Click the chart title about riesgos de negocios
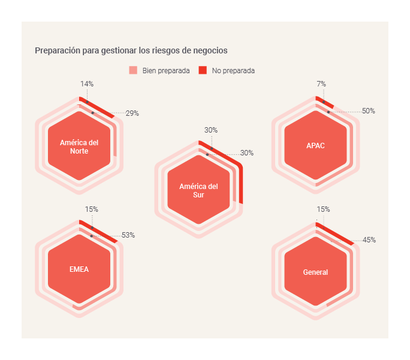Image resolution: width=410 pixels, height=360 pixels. (x=131, y=50)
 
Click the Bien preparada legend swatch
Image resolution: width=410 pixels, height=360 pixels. (x=133, y=70)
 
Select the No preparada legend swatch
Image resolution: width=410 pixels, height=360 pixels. (x=203, y=70)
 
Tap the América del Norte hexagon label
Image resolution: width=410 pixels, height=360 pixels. (x=79, y=146)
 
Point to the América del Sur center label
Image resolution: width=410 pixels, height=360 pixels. (x=198, y=190)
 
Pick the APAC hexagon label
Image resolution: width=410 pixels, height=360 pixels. (x=315, y=146)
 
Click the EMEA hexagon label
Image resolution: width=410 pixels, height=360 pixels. (x=79, y=269)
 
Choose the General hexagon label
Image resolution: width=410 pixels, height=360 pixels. (x=315, y=272)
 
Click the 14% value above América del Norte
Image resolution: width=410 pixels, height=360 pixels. (x=87, y=84)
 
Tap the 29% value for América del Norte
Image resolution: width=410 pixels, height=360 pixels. (x=132, y=113)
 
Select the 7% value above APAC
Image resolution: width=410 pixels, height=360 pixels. (x=321, y=84)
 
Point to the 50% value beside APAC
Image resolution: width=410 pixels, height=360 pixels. (x=369, y=111)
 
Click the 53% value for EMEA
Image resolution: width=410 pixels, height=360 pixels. (x=128, y=235)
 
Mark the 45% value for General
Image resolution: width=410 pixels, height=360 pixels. (x=369, y=240)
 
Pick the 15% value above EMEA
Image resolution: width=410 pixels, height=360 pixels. (x=92, y=209)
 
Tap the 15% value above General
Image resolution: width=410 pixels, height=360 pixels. (x=323, y=209)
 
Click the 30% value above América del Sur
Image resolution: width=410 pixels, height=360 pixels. (x=211, y=130)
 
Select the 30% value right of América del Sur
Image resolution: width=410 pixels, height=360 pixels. (x=247, y=153)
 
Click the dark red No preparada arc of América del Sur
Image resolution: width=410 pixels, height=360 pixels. (x=240, y=180)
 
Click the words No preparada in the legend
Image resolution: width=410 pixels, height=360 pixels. (x=233, y=70)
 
